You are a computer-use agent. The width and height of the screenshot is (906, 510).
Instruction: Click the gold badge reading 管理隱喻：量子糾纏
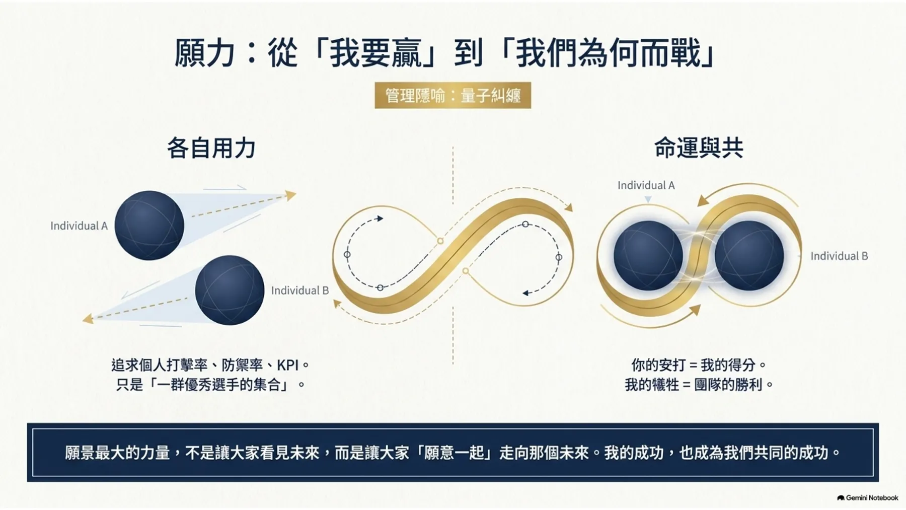point(452,95)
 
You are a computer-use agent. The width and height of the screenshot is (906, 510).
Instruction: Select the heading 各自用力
point(211,148)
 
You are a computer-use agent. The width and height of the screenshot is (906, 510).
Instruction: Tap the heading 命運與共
point(699,148)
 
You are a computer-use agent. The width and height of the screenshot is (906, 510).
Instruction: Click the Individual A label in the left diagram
point(79,226)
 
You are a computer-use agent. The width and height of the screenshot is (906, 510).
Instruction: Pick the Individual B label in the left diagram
point(300,290)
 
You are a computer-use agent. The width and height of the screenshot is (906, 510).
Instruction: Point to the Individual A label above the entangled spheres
point(646,185)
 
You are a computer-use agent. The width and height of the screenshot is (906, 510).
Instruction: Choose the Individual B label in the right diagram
point(839,256)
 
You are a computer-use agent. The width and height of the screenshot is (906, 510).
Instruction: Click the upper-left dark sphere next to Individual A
point(149,225)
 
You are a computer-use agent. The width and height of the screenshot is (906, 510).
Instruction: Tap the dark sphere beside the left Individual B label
point(230,290)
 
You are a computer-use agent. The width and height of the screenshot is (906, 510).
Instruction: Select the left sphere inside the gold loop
point(648,255)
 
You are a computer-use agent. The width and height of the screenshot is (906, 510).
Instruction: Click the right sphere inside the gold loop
point(749,255)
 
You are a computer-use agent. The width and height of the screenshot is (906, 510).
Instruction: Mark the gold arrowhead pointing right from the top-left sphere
point(291,195)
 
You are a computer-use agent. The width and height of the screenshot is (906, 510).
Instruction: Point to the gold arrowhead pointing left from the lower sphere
point(88,318)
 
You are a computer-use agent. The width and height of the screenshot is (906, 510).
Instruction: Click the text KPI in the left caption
point(288,365)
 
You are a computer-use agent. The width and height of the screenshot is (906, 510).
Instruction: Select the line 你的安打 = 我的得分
point(699,365)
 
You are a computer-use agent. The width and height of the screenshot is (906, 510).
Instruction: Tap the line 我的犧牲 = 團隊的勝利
point(699,385)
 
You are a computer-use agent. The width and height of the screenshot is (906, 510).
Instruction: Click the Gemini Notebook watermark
point(867,498)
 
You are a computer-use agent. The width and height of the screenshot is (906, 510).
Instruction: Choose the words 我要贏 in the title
point(375,53)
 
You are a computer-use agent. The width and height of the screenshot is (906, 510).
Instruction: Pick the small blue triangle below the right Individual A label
point(648,200)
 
